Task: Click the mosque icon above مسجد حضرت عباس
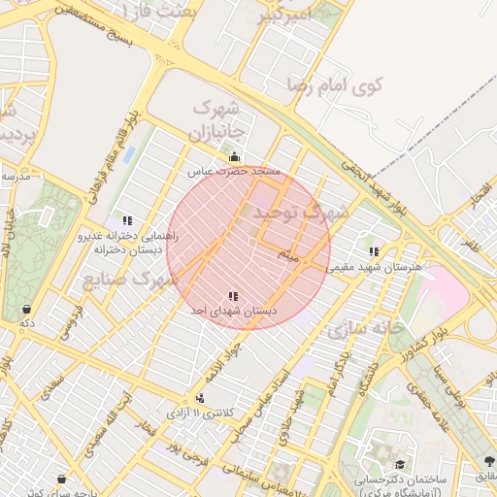coord(233,156)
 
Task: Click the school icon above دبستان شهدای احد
coord(233,295)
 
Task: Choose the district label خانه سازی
coord(364,328)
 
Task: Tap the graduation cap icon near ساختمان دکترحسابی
coord(400,465)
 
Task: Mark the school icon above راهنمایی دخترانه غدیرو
coord(127,220)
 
